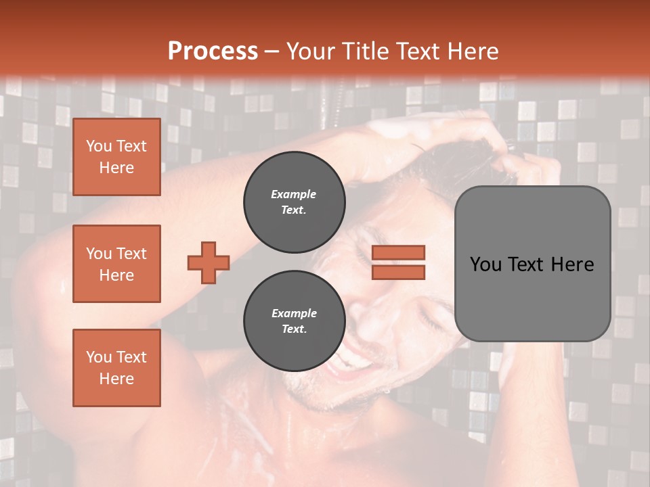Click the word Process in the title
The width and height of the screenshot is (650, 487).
coord(213,51)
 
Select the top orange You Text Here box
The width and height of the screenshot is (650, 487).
coord(116,157)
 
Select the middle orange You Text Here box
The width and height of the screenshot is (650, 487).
coord(116,264)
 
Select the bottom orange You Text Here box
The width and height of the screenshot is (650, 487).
coord(116,368)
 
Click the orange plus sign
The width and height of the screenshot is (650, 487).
coord(209,262)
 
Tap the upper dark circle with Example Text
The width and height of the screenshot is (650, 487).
coord(295,202)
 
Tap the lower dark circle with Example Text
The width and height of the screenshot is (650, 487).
coord(295,321)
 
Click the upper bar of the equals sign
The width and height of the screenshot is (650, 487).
coord(399,252)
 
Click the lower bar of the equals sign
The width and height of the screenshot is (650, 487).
coord(399,272)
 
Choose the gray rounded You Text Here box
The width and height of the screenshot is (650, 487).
coord(532,264)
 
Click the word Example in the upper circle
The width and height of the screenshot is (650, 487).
coord(293,194)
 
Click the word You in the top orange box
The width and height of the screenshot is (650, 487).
coord(98,146)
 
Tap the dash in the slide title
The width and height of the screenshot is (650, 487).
coord(272,51)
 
